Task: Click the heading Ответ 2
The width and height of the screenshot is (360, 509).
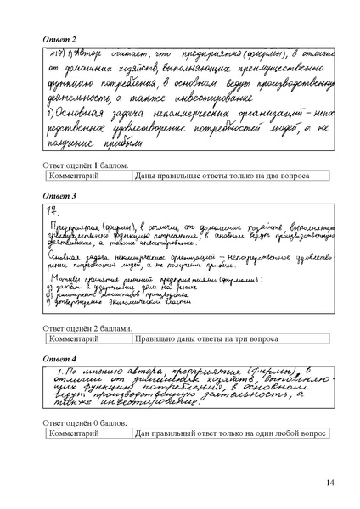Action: tap(60, 39)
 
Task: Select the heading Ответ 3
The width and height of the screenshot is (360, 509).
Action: tap(60, 196)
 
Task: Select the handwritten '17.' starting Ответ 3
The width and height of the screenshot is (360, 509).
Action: tap(53, 209)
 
